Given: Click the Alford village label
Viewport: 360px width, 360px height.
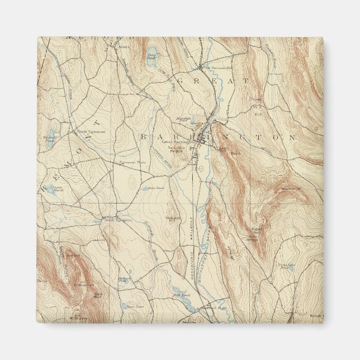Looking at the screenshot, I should [x=124, y=47].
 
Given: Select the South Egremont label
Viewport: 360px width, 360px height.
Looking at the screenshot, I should [x=117, y=220].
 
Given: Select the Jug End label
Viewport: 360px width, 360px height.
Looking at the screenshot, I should [x=73, y=255].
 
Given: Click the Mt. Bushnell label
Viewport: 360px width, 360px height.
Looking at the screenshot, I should [x=82, y=285].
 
